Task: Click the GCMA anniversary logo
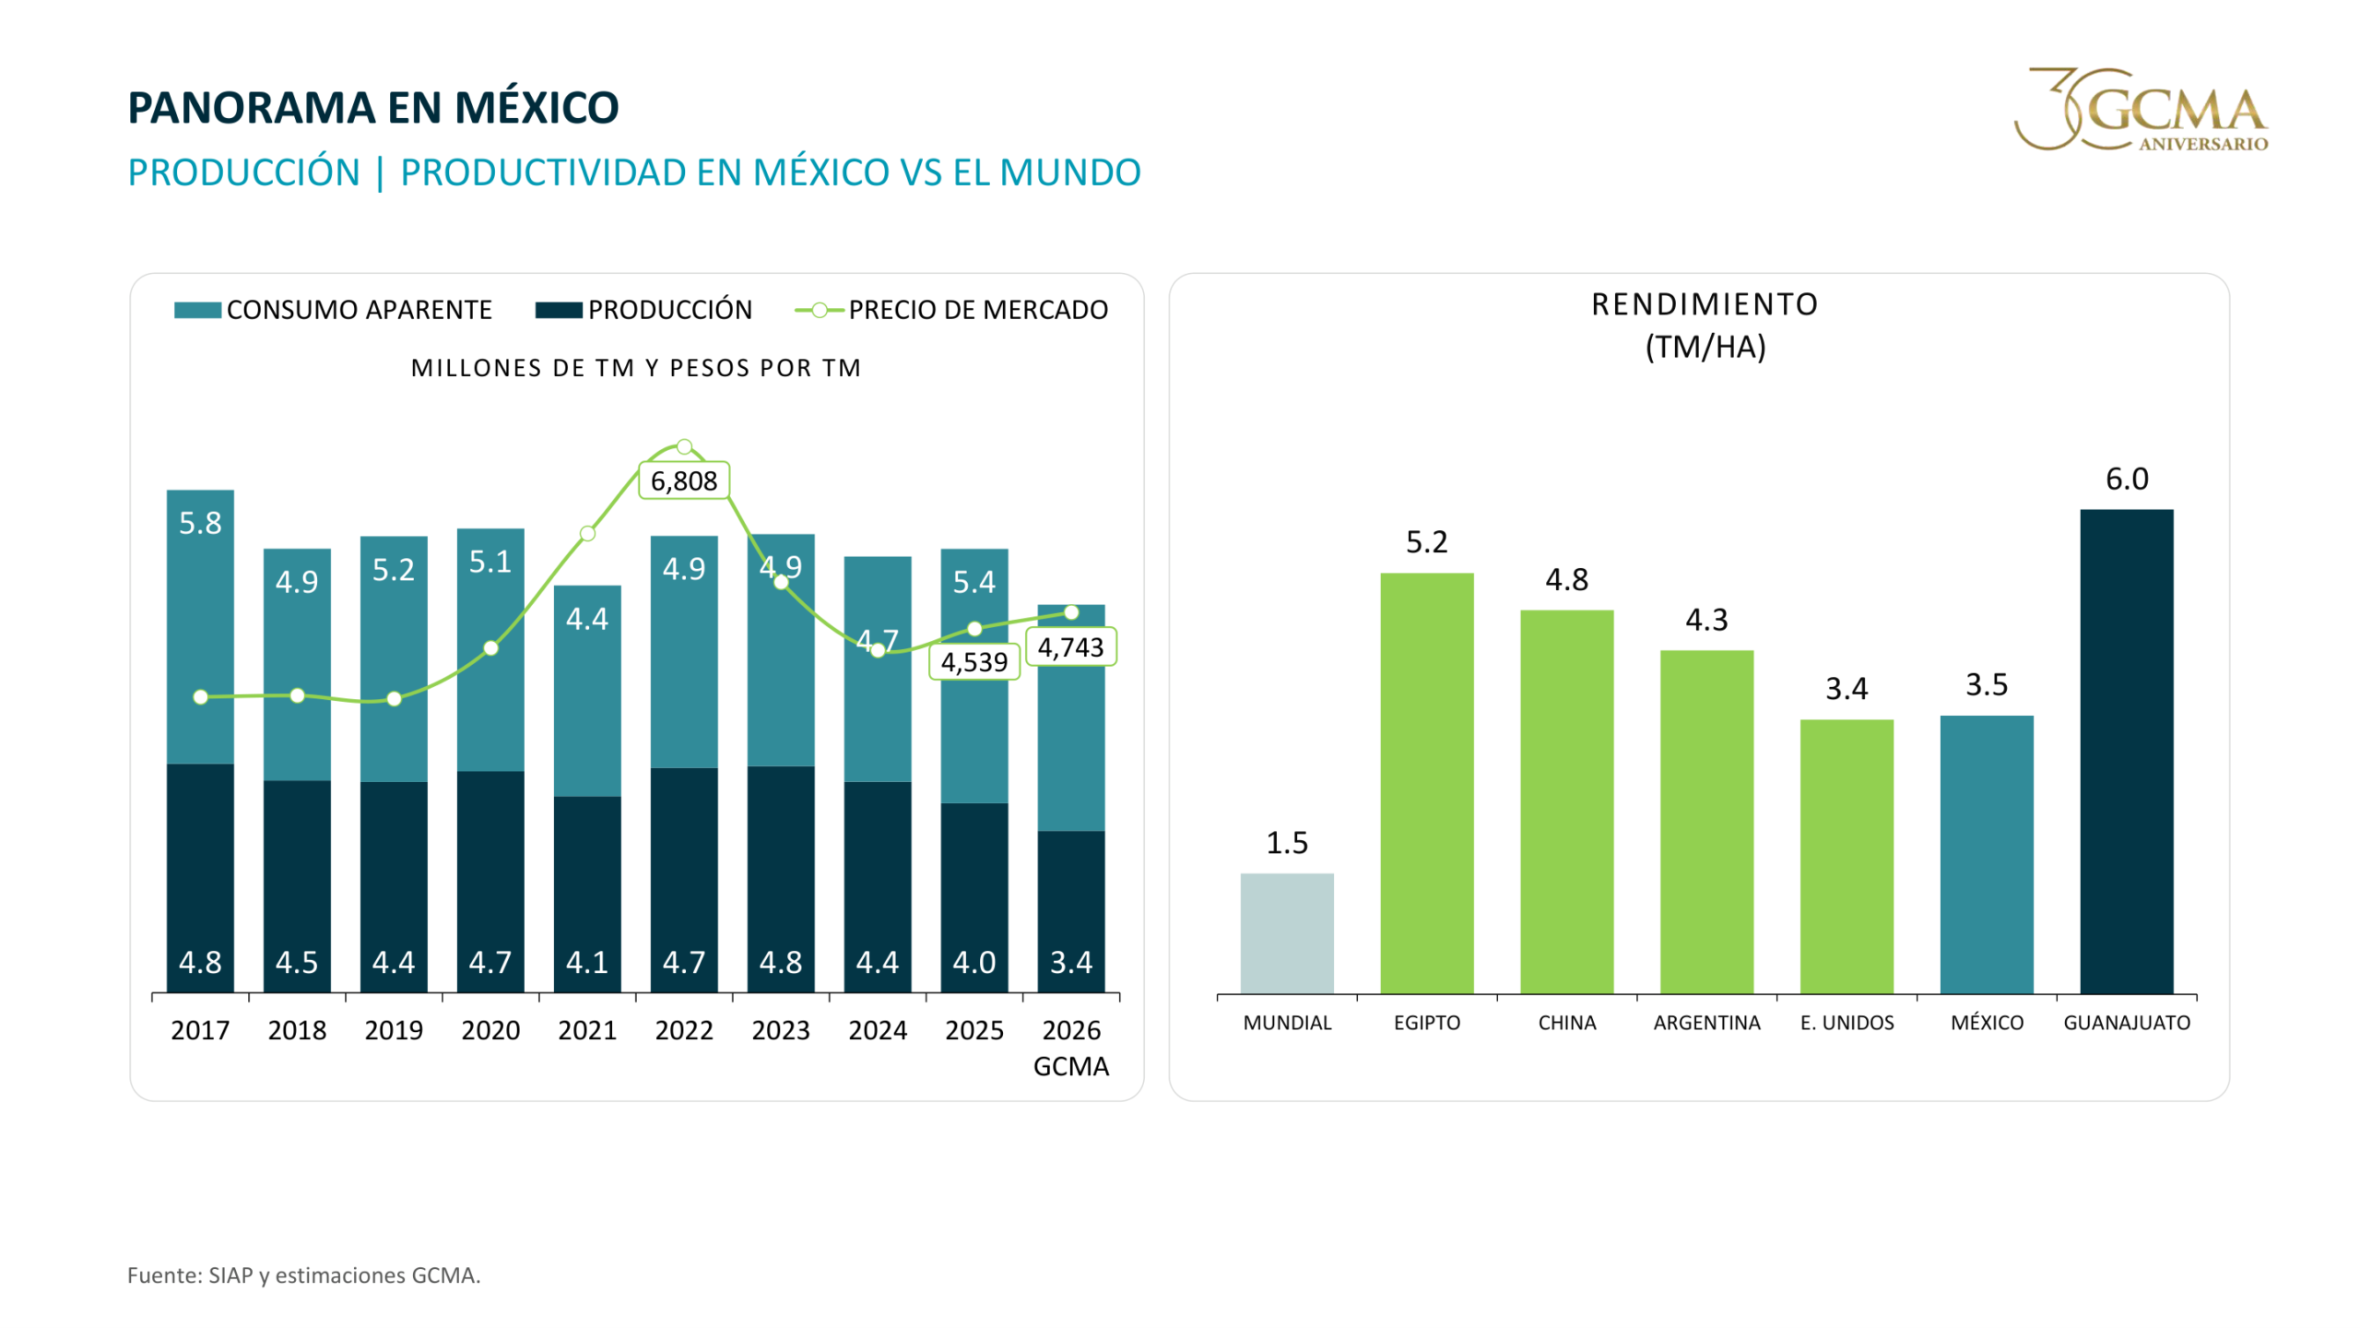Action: coord(2141,109)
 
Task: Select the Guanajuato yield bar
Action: coord(2126,751)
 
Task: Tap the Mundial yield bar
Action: coord(1286,932)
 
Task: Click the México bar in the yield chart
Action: coord(1986,854)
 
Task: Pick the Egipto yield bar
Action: coord(1426,783)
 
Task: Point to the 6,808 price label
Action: coord(683,480)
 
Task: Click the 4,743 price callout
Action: coord(1070,646)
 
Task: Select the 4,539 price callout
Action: coord(973,661)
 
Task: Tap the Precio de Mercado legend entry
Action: coord(950,310)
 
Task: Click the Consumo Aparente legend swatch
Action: coord(197,310)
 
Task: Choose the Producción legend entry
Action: coord(643,310)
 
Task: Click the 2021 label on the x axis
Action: coord(586,1029)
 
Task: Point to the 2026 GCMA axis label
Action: coord(1070,1047)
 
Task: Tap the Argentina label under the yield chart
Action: coord(1705,1022)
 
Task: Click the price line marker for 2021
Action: coord(586,533)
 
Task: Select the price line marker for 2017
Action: coord(200,696)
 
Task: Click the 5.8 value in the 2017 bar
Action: coord(200,523)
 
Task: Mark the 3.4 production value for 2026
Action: coord(1070,962)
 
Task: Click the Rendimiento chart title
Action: coord(1705,325)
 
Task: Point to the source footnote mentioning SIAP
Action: coord(303,1275)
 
